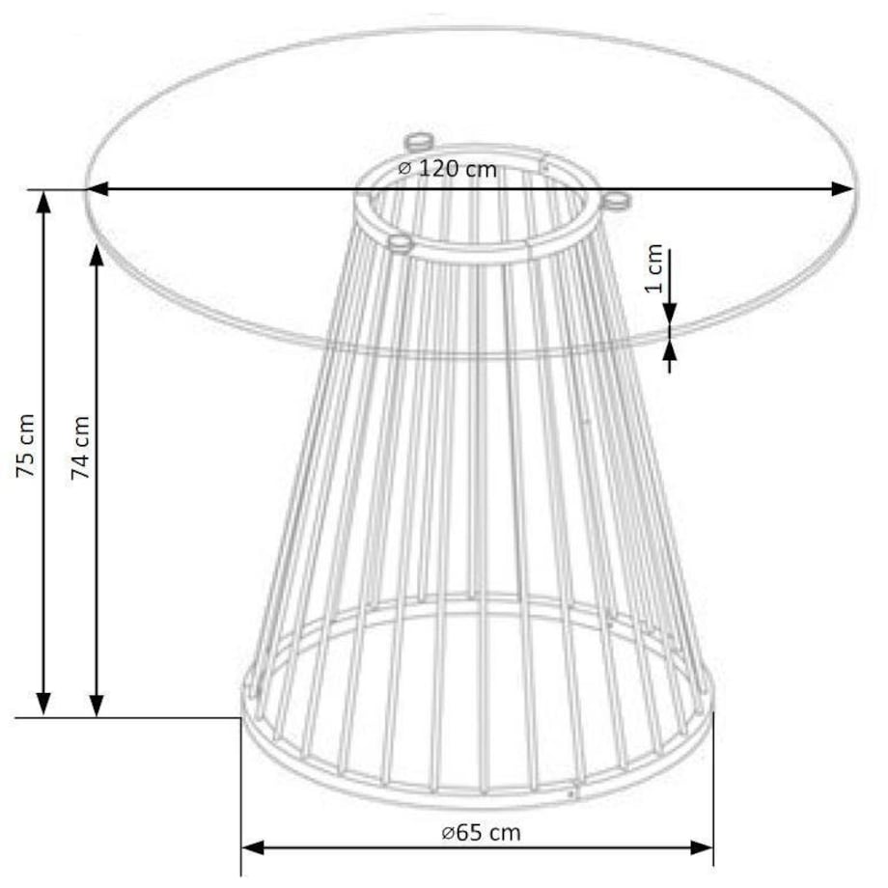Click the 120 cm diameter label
pyautogui.click(x=448, y=169)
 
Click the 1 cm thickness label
pyautogui.click(x=655, y=269)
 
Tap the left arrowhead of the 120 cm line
pyautogui.click(x=97, y=189)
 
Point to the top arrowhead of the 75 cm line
pyautogui.click(x=42, y=201)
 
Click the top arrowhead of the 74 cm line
pyautogui.click(x=96, y=258)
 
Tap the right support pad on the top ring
pyautogui.click(x=614, y=201)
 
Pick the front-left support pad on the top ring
pyautogui.click(x=399, y=241)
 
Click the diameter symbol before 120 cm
pyautogui.click(x=405, y=169)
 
